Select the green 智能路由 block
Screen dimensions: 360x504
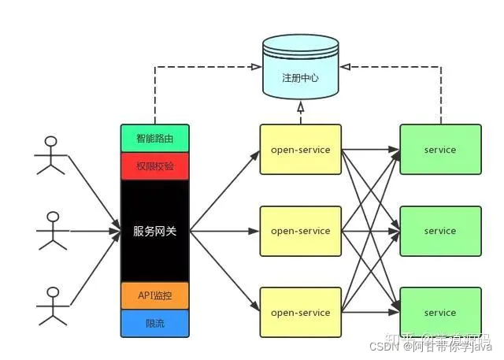(x=155, y=139)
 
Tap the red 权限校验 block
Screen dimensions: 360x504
(x=155, y=166)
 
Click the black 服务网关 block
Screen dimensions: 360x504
(x=155, y=231)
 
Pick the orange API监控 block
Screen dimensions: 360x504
(x=155, y=295)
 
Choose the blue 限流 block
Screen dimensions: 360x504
(x=155, y=322)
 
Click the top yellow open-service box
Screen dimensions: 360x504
(x=300, y=150)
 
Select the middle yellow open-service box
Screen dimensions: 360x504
(x=300, y=231)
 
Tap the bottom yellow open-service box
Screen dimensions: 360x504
(x=300, y=313)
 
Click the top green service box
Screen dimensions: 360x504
(x=440, y=150)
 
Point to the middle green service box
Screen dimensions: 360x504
(x=440, y=231)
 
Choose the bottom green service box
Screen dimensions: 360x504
(x=440, y=313)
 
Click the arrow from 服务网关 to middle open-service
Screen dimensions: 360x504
(x=224, y=231)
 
